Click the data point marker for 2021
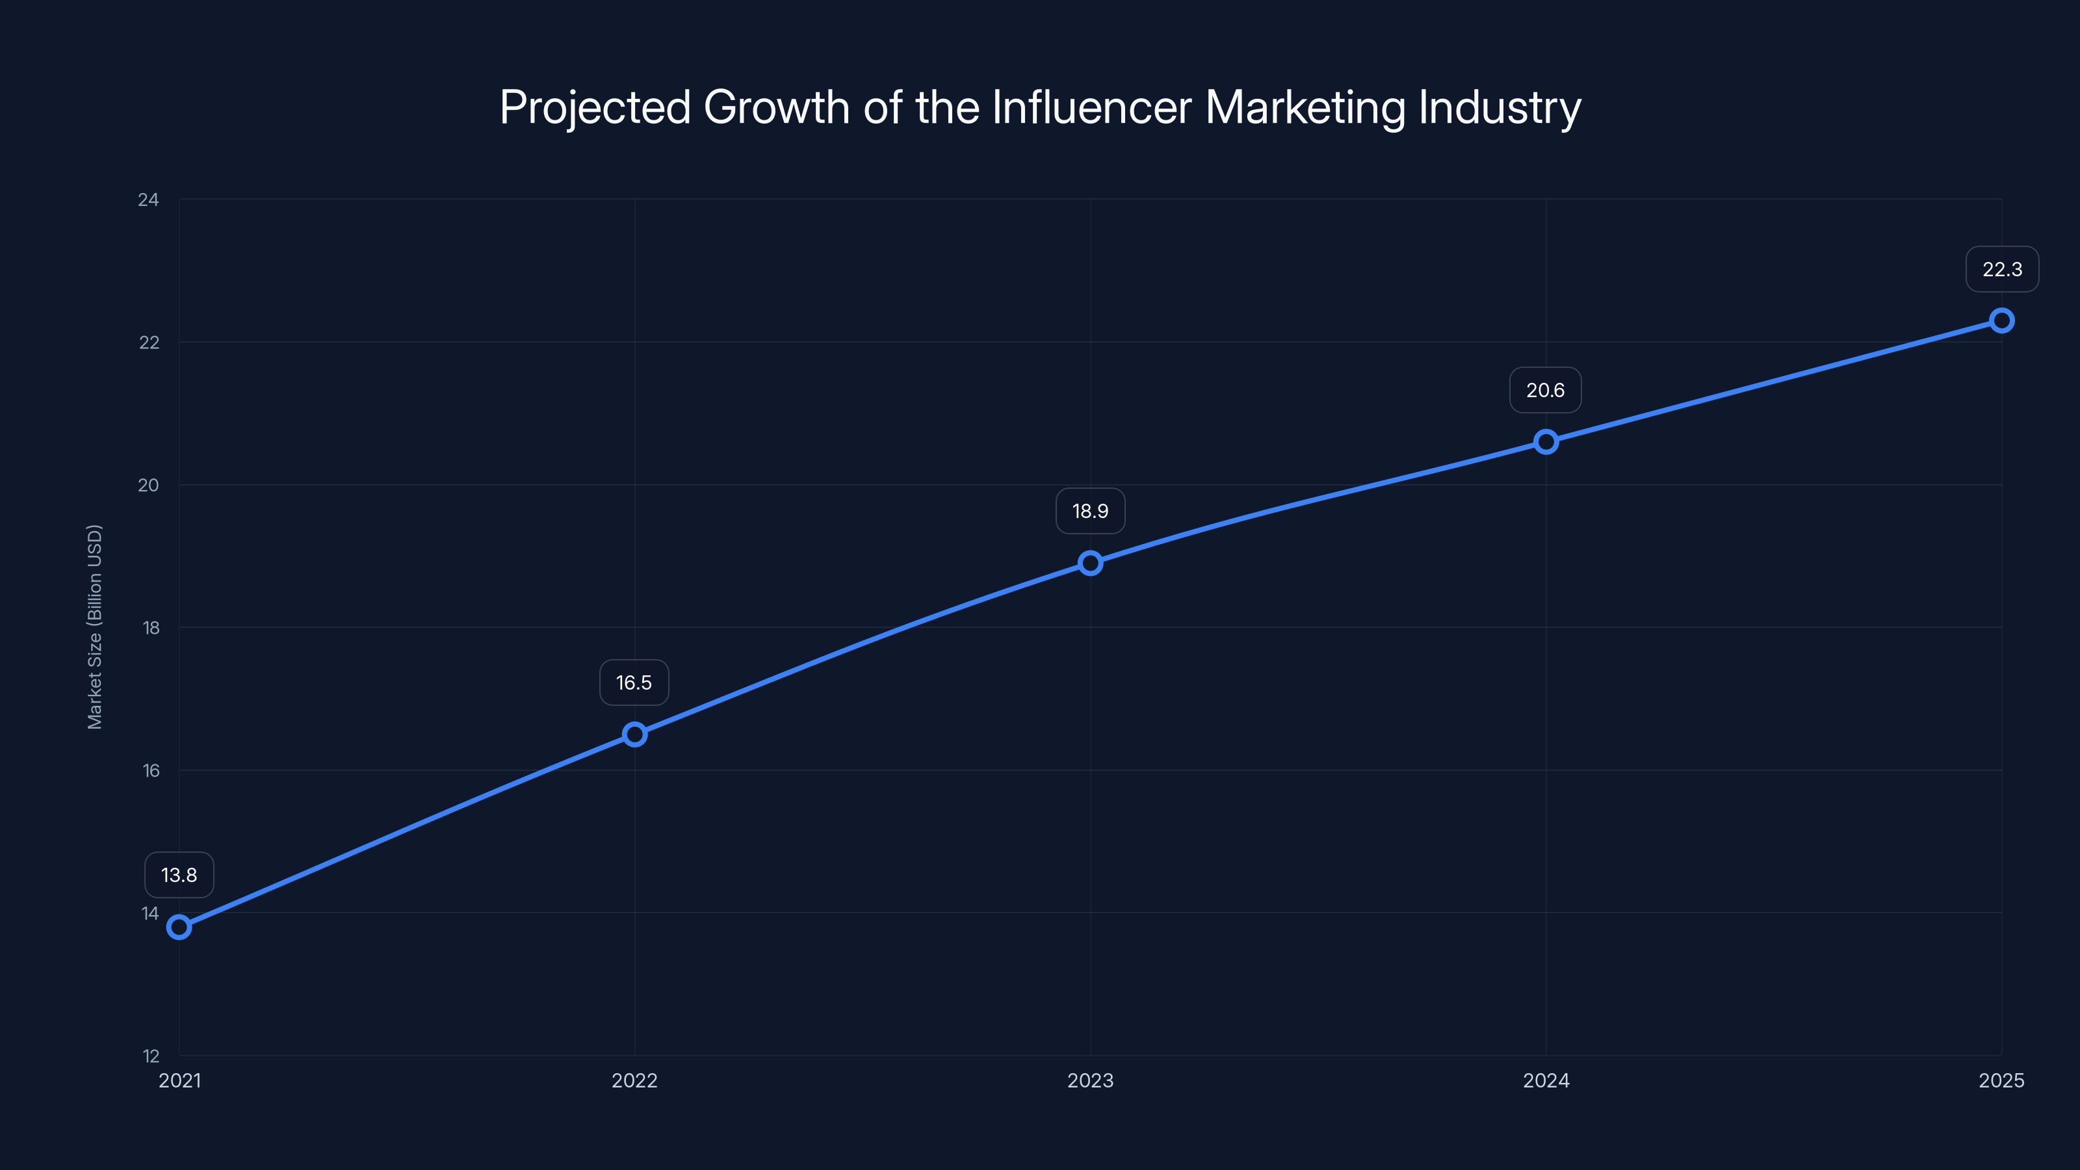pos(179,927)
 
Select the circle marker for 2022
pos(634,734)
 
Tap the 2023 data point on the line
pos(1090,563)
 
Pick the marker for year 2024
pos(1546,442)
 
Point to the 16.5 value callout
pos(634,683)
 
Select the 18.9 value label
pos(1090,511)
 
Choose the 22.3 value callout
pos(2002,269)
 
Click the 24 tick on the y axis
pos(149,200)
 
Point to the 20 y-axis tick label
pos(149,486)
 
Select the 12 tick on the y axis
pos(151,1056)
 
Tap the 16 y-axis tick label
pos(151,770)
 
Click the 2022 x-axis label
pos(634,1080)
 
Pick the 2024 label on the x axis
pos(1546,1080)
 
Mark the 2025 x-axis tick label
pos(2001,1080)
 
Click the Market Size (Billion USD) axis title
pos(94,627)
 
